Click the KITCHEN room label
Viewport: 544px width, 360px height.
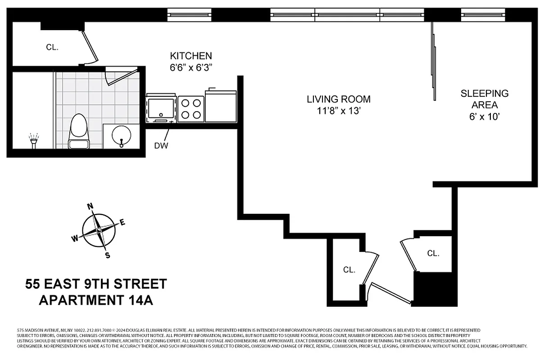point(190,56)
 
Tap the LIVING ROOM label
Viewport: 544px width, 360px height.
point(339,99)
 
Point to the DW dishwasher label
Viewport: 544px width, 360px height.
point(161,145)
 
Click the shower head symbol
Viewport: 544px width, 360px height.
point(33,139)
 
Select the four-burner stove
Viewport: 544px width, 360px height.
point(191,108)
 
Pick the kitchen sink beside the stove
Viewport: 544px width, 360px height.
point(161,108)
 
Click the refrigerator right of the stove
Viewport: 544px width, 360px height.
point(221,106)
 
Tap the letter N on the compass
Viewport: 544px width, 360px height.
point(90,207)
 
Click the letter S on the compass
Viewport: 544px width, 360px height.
point(108,255)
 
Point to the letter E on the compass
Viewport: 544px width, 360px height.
point(122,221)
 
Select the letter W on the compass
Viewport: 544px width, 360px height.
point(75,238)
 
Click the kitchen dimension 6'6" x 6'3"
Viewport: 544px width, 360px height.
point(190,68)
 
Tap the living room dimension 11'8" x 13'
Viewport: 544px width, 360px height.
point(339,111)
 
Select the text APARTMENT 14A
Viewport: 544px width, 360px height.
point(96,300)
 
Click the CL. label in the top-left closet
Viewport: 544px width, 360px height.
point(52,47)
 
